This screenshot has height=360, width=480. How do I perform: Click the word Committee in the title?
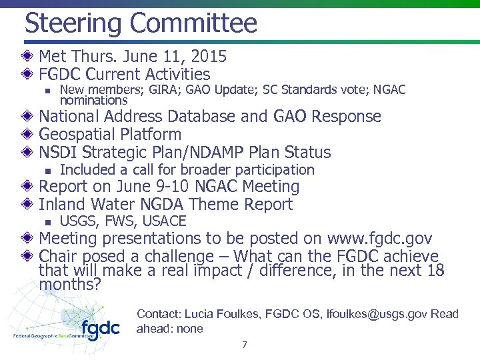pyautogui.click(x=193, y=23)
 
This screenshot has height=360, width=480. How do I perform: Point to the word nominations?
pyautogui.click(x=93, y=101)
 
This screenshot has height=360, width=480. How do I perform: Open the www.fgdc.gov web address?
pyautogui.click(x=379, y=239)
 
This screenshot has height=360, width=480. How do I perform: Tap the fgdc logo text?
pyautogui.click(x=100, y=327)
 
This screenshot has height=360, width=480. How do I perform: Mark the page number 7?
pyautogui.click(x=245, y=345)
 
